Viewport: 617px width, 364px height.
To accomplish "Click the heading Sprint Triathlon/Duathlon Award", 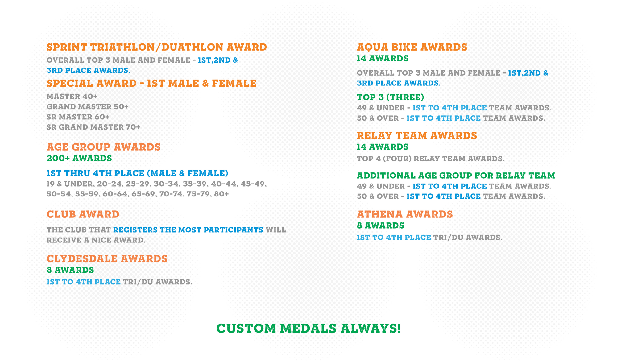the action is click(157, 47).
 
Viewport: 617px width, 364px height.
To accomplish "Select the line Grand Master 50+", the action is click(88, 107).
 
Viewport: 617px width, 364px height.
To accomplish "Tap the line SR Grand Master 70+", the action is click(93, 127).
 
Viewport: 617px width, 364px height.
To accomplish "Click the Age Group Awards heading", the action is click(104, 147).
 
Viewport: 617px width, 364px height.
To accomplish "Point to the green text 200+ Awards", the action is click(79, 158).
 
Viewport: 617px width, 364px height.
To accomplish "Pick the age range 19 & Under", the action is click(70, 184).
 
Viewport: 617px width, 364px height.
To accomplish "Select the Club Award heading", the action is click(83, 214).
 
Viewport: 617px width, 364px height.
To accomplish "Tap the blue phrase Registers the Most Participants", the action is click(188, 230).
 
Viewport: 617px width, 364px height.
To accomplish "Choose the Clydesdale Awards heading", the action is click(107, 259).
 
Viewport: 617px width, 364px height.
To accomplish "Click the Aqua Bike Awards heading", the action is click(412, 47).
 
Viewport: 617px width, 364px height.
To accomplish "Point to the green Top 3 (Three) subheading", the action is click(391, 97).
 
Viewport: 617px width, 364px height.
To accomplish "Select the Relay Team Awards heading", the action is click(417, 136).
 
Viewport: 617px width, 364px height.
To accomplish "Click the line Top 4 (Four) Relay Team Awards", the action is click(431, 159).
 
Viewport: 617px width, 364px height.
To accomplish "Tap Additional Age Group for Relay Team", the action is click(456, 176).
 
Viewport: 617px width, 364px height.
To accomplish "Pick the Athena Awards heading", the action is click(405, 214).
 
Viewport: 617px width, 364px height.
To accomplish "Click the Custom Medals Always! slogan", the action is click(308, 329).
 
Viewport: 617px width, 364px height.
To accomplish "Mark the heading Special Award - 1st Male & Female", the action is click(151, 84).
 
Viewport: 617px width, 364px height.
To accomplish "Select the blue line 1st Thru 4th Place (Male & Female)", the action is click(138, 173).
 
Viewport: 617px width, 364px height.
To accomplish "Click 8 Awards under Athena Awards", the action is click(380, 226).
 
